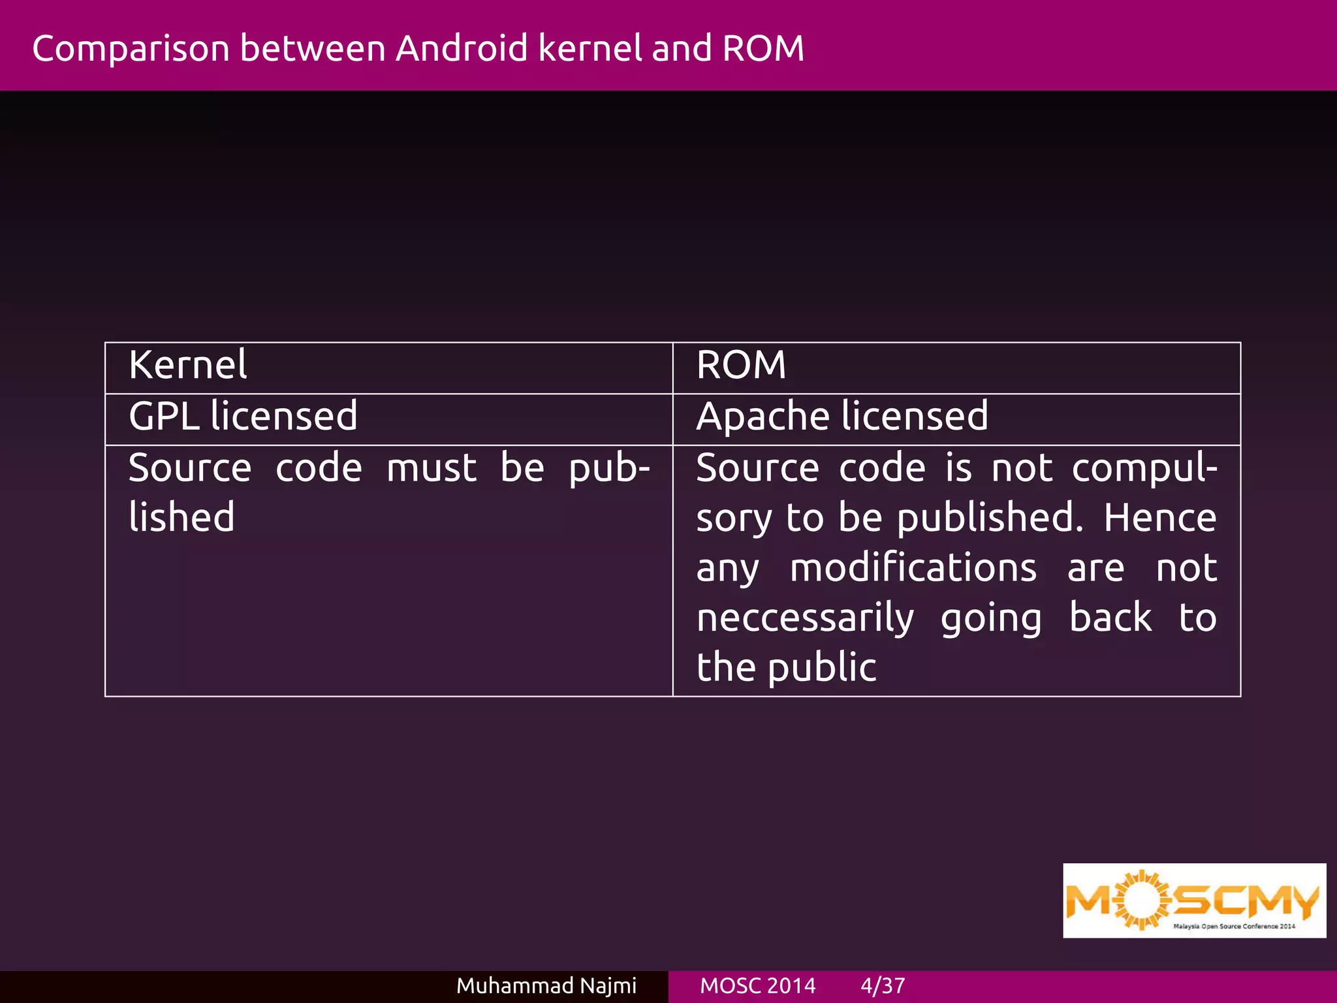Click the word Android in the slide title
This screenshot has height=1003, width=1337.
(x=462, y=48)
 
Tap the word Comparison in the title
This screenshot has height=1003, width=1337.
(x=131, y=50)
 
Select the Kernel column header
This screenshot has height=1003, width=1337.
(x=188, y=365)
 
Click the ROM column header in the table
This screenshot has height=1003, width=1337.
(x=741, y=365)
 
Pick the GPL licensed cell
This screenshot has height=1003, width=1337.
(x=243, y=417)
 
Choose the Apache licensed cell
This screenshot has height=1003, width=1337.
(x=842, y=417)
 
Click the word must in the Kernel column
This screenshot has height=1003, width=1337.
(x=432, y=468)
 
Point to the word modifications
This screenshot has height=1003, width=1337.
(x=913, y=568)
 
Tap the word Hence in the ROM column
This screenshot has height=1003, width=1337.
(x=1160, y=518)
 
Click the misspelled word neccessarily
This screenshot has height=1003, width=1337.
(x=805, y=618)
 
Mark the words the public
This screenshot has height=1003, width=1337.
(x=786, y=668)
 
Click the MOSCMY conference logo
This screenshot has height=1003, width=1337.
(x=1194, y=900)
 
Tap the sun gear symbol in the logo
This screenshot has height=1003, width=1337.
(x=1141, y=900)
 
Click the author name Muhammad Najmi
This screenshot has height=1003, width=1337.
(x=546, y=985)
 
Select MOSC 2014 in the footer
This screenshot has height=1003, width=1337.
(x=757, y=985)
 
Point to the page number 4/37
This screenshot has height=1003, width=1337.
(x=883, y=985)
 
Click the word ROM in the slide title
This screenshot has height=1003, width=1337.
(x=763, y=48)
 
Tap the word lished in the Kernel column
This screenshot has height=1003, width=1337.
(x=181, y=518)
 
